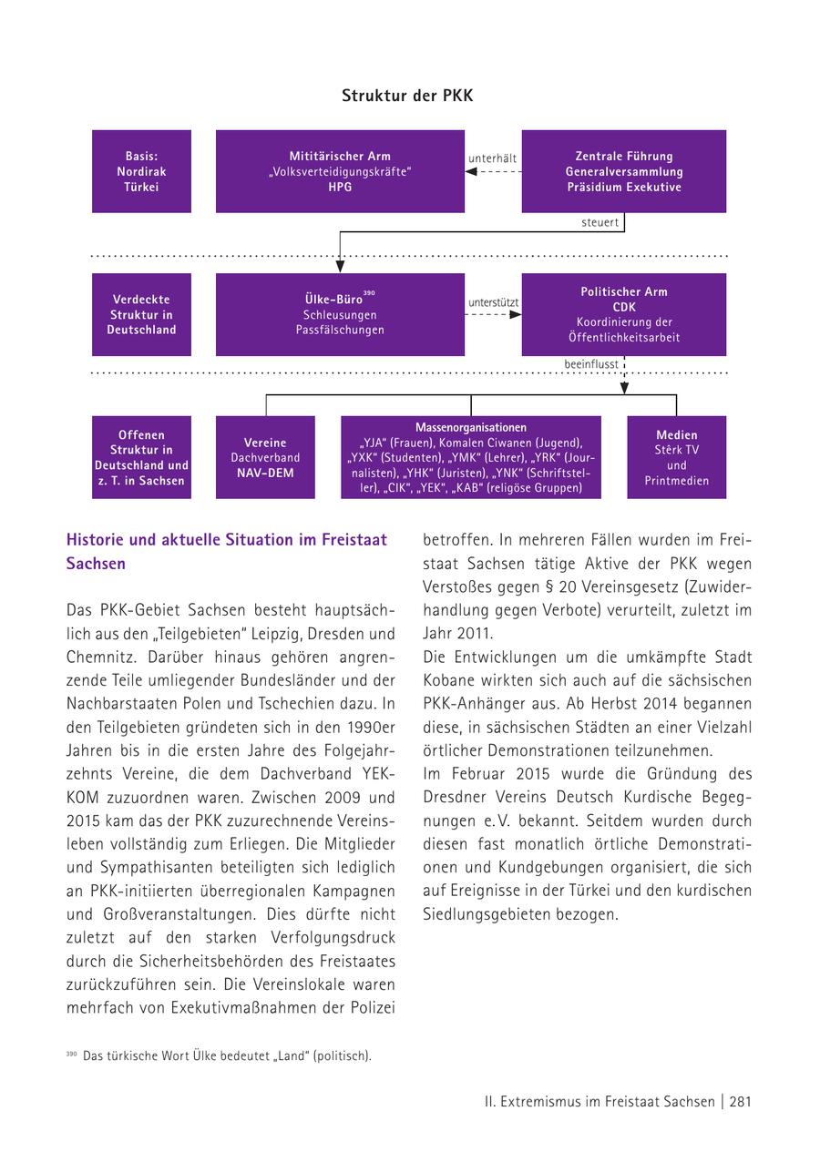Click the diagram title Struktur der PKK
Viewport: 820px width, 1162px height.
pyautogui.click(x=407, y=96)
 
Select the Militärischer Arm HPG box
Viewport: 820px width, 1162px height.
pyautogui.click(x=340, y=171)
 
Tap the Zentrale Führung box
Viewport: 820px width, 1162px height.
pyautogui.click(x=623, y=171)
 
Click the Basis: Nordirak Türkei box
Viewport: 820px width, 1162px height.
pyautogui.click(x=141, y=171)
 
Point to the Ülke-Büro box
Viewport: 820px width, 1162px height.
pyautogui.click(x=340, y=314)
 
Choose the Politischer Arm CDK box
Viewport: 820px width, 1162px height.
pyautogui.click(x=623, y=314)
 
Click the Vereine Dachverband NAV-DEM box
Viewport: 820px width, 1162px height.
pyautogui.click(x=265, y=457)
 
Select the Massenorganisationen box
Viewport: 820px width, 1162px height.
pyautogui.click(x=471, y=457)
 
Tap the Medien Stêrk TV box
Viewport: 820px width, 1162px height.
pyautogui.click(x=676, y=457)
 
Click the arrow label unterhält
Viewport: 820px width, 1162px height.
pyautogui.click(x=492, y=158)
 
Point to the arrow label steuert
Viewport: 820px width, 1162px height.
pyautogui.click(x=600, y=222)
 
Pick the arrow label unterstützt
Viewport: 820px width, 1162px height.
pyautogui.click(x=493, y=302)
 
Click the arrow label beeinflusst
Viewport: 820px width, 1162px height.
pyautogui.click(x=591, y=364)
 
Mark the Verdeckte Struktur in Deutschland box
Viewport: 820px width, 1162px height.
pyautogui.click(x=141, y=314)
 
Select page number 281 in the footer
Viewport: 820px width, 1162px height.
pyautogui.click(x=740, y=1101)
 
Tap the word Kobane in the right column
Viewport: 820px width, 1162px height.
pyautogui.click(x=451, y=680)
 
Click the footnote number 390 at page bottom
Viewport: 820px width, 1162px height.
pyautogui.click(x=71, y=1055)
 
